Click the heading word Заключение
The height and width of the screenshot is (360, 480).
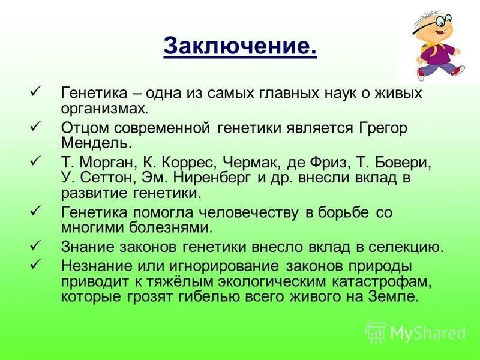tap(239, 46)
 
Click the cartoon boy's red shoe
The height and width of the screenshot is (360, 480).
tap(457, 71)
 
